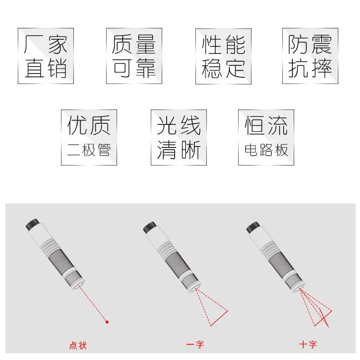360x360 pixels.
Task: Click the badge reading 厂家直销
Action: [46, 56]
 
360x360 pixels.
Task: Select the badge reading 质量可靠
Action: [134, 56]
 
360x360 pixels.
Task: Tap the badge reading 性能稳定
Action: [223, 56]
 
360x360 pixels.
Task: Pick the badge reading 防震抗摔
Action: [310, 56]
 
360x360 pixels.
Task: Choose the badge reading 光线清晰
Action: [179, 137]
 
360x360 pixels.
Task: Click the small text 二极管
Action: [89, 150]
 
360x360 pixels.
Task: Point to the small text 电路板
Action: [266, 150]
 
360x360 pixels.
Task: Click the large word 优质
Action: [89, 125]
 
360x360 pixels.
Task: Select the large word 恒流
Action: [266, 125]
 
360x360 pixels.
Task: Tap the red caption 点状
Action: [78, 345]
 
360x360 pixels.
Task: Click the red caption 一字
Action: [195, 344]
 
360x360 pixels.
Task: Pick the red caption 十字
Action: [308, 344]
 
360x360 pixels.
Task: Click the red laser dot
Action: [107, 322]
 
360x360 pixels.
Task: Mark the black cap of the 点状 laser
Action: [32, 224]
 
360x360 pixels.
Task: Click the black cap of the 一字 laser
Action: [150, 228]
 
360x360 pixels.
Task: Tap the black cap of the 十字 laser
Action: [253, 228]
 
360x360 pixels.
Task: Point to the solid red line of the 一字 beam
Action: [219, 318]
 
